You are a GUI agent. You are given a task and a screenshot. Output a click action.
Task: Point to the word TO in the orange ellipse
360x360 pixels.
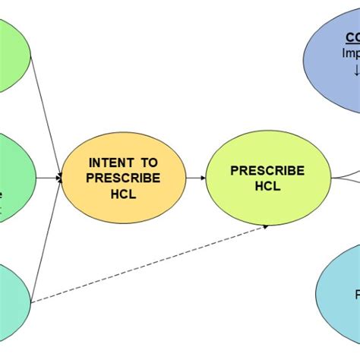point(149,163)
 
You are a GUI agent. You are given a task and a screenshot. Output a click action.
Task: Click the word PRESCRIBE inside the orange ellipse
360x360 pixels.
point(123,178)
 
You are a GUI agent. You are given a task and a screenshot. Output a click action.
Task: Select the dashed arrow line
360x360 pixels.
point(152,262)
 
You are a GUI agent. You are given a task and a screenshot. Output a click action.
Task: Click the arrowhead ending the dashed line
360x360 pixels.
point(266,226)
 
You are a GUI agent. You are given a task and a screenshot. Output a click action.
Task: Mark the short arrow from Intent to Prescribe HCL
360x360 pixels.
point(195,178)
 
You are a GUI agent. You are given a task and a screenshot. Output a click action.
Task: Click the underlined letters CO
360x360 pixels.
point(352,37)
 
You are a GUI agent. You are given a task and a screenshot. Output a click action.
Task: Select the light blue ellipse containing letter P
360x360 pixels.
point(339,292)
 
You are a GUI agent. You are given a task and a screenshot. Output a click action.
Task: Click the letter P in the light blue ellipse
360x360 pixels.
point(356,293)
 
